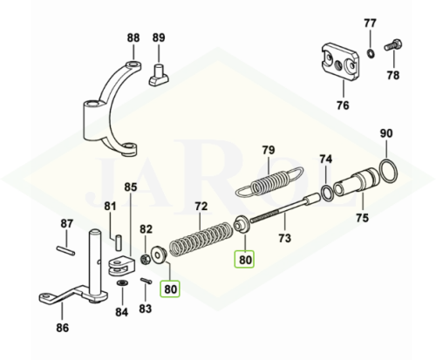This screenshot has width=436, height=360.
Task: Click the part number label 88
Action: (x=133, y=37)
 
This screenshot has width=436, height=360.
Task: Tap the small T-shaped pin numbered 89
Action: (x=159, y=75)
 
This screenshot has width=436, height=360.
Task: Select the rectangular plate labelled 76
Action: (x=341, y=62)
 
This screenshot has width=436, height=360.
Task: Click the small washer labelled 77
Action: (x=371, y=53)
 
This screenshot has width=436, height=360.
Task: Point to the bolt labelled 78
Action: (x=393, y=45)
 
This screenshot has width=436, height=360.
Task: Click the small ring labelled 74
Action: (x=328, y=193)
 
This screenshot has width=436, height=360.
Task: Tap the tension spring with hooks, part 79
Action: (x=269, y=182)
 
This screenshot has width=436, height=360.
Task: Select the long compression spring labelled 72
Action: (x=201, y=240)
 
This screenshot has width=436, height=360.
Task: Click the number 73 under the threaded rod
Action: (x=284, y=238)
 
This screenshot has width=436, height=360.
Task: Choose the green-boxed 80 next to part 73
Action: (x=245, y=259)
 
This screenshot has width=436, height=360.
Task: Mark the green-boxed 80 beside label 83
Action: (x=170, y=289)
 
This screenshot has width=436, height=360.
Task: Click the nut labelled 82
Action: (x=145, y=259)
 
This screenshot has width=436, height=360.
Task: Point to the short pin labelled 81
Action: (x=118, y=243)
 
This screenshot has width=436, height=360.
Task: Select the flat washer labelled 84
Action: (x=121, y=282)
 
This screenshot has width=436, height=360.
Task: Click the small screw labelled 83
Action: (x=146, y=281)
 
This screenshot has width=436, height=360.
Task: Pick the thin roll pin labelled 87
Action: (x=65, y=250)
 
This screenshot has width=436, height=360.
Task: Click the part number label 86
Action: (x=63, y=328)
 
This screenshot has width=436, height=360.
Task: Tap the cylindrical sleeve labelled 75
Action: (x=357, y=182)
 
